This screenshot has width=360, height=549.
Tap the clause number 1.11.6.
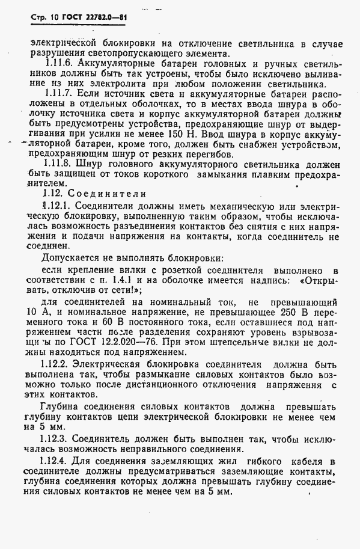pyautogui.click(x=63, y=64)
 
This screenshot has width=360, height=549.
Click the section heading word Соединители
pyautogui.click(x=103, y=194)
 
